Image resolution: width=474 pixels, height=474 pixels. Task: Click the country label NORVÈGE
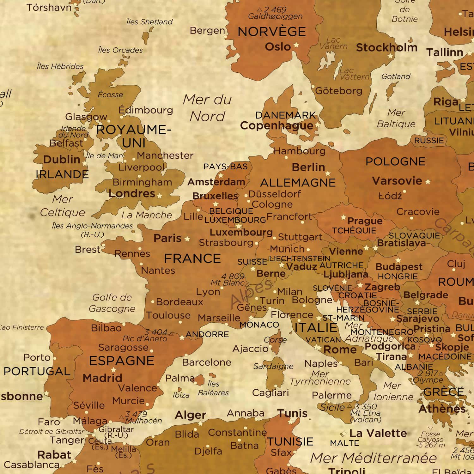[x=271, y=32]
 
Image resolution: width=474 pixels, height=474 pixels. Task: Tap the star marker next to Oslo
[x=296, y=45]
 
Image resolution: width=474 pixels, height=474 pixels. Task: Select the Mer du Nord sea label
[x=207, y=108]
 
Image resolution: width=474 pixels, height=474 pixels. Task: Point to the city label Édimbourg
[x=146, y=110]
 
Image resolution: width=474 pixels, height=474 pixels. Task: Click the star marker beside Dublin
[x=85, y=163]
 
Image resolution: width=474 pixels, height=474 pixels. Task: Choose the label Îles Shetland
[x=149, y=22]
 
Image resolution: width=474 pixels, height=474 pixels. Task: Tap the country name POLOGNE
[x=395, y=161]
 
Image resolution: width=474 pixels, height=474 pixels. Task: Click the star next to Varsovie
[x=428, y=182]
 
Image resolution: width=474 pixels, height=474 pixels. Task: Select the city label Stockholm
[x=386, y=47]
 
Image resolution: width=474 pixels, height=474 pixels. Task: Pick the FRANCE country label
[x=192, y=258]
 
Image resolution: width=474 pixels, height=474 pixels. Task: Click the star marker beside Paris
[x=187, y=239]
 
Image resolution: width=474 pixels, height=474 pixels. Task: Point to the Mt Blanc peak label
[x=228, y=283]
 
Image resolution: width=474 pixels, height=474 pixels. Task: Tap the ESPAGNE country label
[x=122, y=361]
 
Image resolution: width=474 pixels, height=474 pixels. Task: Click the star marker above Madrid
[x=113, y=370]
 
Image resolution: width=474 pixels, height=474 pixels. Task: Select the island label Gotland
[x=396, y=76]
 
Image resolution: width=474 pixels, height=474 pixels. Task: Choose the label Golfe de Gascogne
[x=112, y=303]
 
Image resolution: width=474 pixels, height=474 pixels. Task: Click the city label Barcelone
[x=207, y=362]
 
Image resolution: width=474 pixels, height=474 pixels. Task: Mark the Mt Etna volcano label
[x=366, y=413]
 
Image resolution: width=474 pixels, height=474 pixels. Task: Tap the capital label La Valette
[x=378, y=433]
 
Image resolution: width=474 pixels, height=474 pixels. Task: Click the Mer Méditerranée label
[x=373, y=458]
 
